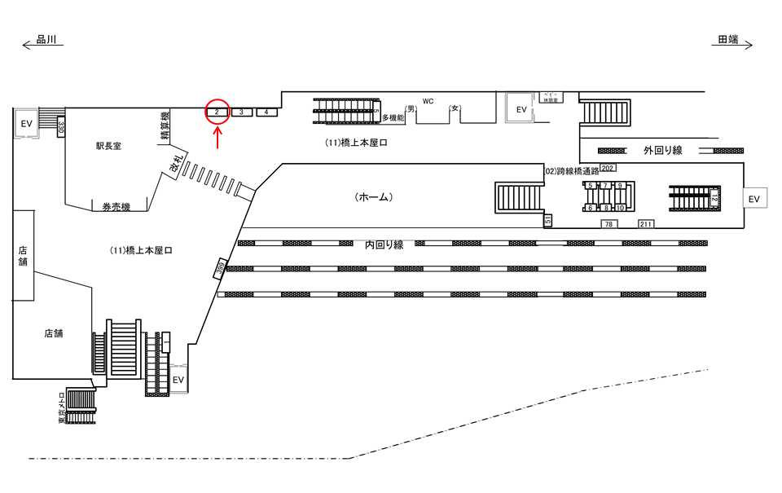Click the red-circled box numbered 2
tap(217, 112)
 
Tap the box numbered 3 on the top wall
tap(242, 112)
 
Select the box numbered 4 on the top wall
tap(267, 112)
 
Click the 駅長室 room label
tap(108, 147)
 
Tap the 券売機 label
tap(116, 207)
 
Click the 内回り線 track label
tap(384, 244)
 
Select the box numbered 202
tap(607, 168)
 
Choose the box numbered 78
tap(608, 224)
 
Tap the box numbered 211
tap(646, 224)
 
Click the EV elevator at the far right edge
tap(754, 199)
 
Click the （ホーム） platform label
tap(375, 197)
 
